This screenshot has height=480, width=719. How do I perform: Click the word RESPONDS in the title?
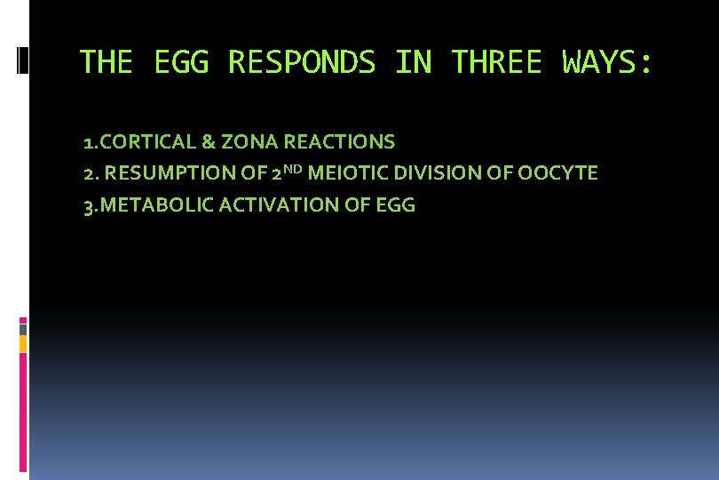(x=302, y=62)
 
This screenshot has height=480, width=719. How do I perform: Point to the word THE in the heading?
(x=106, y=62)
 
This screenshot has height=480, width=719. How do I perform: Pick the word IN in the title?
(x=413, y=62)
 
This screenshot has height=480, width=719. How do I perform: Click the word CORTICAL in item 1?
(x=146, y=141)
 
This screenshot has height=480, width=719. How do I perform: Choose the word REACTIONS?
(x=340, y=141)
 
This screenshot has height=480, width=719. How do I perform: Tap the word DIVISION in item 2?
(x=423, y=173)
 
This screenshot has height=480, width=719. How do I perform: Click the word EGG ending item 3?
(x=396, y=205)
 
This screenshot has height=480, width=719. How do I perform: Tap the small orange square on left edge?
(x=23, y=343)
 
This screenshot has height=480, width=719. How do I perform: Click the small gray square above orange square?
(x=23, y=329)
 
